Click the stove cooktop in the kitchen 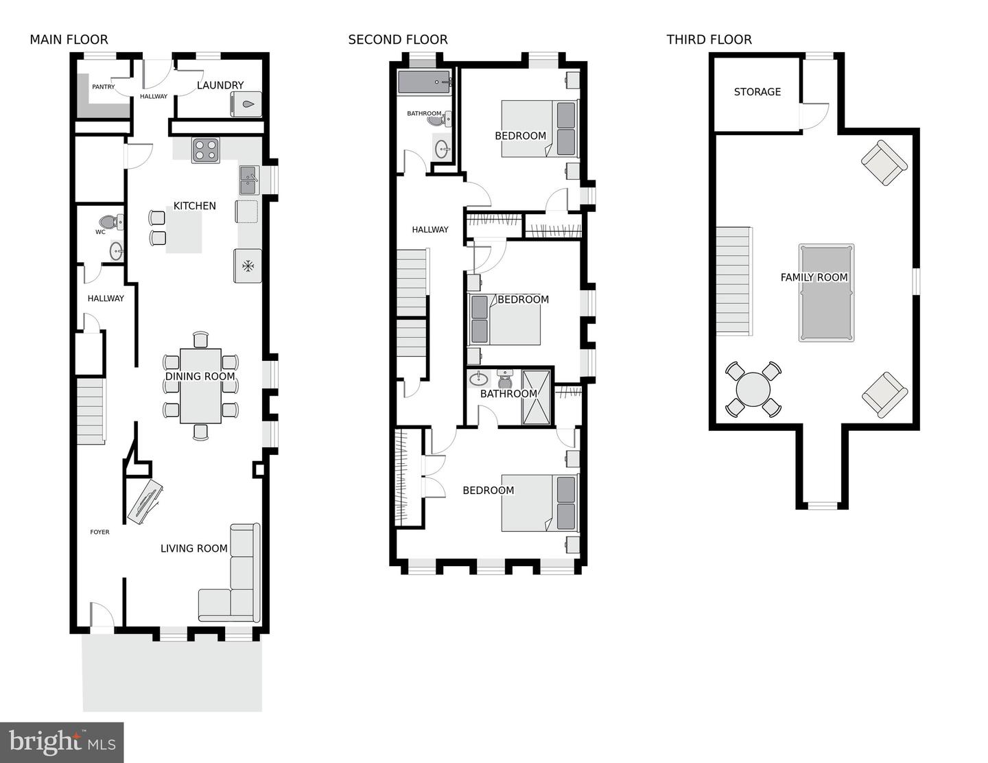205,150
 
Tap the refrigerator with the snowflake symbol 248,266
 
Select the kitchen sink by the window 248,180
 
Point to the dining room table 200,386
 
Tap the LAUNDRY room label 220,85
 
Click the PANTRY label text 104,87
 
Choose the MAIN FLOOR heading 69,40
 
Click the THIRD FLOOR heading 709,40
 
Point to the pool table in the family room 826,293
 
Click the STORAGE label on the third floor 757,92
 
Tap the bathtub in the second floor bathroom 425,82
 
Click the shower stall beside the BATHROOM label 536,398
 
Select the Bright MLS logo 62,742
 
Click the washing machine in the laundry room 246,104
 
